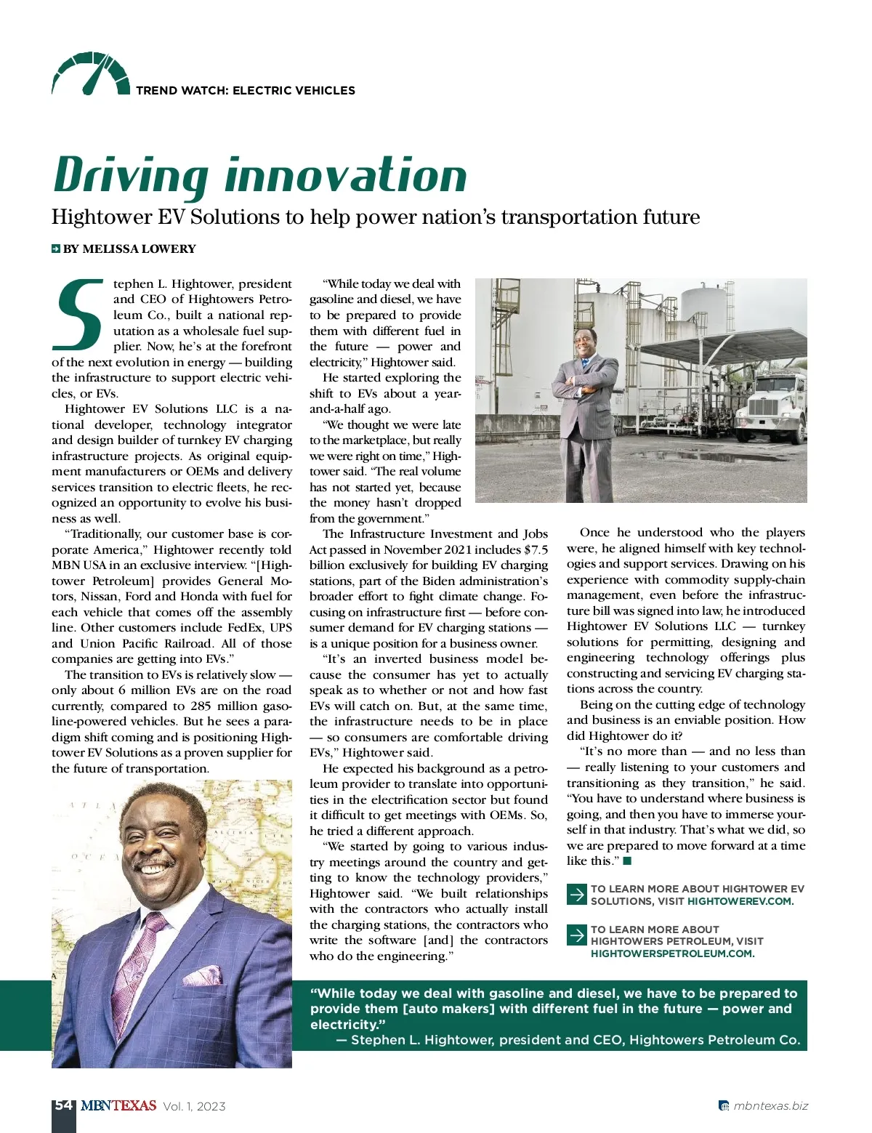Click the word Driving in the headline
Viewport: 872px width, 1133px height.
coord(130,176)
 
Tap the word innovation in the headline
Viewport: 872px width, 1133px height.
coord(345,175)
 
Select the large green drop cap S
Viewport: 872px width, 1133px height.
coord(78,313)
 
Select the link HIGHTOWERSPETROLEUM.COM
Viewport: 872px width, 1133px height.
coord(672,953)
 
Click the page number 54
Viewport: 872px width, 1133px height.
coord(63,1105)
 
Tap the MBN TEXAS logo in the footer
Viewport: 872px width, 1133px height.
coord(118,1105)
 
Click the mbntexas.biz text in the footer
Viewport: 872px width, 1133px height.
coord(770,1106)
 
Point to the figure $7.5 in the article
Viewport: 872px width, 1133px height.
coord(536,549)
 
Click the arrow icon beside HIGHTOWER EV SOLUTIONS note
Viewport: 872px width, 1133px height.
coord(576,894)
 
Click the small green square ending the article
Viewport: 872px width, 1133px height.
coord(628,861)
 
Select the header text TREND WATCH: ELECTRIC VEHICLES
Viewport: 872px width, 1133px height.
coord(246,91)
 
